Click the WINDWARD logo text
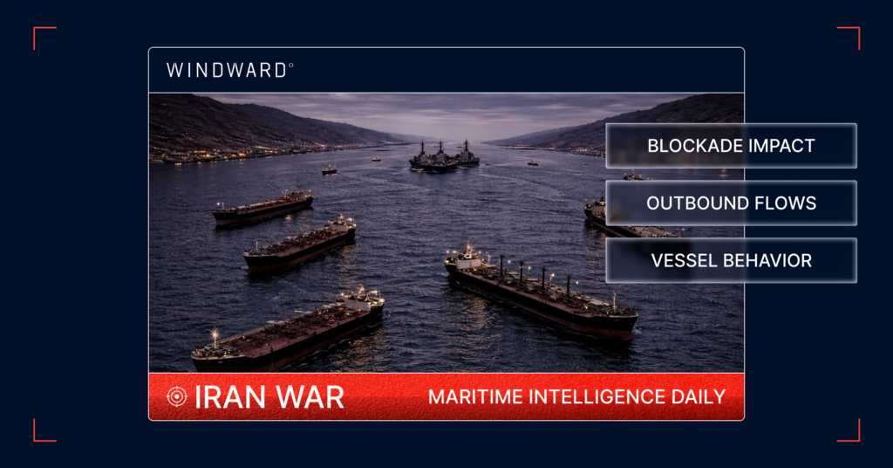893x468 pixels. (x=227, y=70)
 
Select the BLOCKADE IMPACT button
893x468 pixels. (x=731, y=146)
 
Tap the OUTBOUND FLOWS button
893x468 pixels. (x=731, y=203)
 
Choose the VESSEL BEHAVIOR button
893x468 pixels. (x=731, y=260)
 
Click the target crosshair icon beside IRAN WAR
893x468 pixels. (x=176, y=396)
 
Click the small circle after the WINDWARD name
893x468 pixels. (x=290, y=65)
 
